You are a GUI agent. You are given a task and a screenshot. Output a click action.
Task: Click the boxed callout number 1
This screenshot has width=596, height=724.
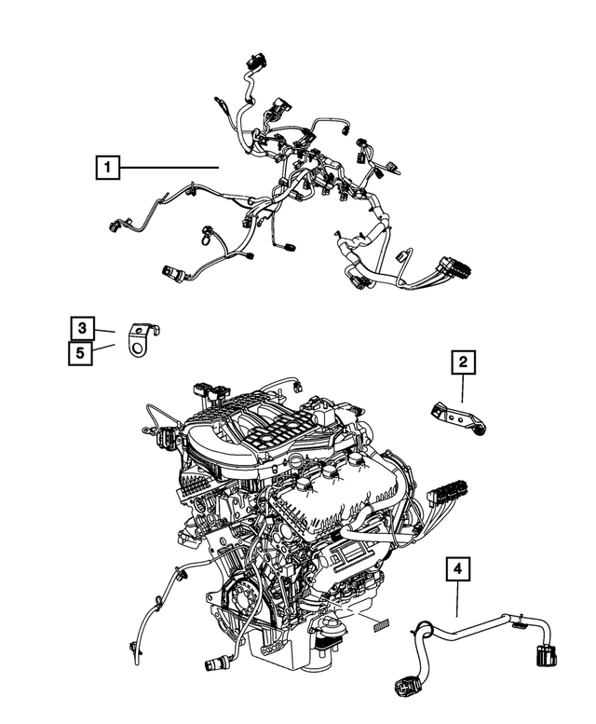pyautogui.click(x=108, y=169)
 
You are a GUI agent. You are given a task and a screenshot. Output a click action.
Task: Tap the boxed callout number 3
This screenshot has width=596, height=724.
pyautogui.click(x=83, y=328)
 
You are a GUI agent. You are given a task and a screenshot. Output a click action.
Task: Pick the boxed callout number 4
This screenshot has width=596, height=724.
pyautogui.click(x=457, y=567)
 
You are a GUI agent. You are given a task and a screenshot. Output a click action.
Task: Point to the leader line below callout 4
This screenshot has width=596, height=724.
pyautogui.click(x=457, y=601)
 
